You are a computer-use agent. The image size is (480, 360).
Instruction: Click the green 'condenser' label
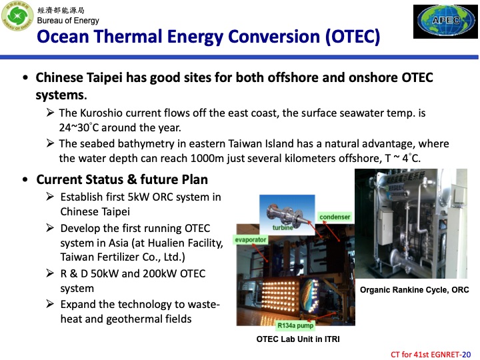pos(335,217)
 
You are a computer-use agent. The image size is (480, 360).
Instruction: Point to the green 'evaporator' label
pos(250,239)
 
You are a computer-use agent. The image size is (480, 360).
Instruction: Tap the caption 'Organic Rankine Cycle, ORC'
pos(414,290)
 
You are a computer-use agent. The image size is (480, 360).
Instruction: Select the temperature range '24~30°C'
pos(81,127)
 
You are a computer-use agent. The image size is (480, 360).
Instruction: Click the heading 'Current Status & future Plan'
pos(122,179)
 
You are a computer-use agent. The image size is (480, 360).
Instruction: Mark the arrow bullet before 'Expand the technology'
pos(51,304)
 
